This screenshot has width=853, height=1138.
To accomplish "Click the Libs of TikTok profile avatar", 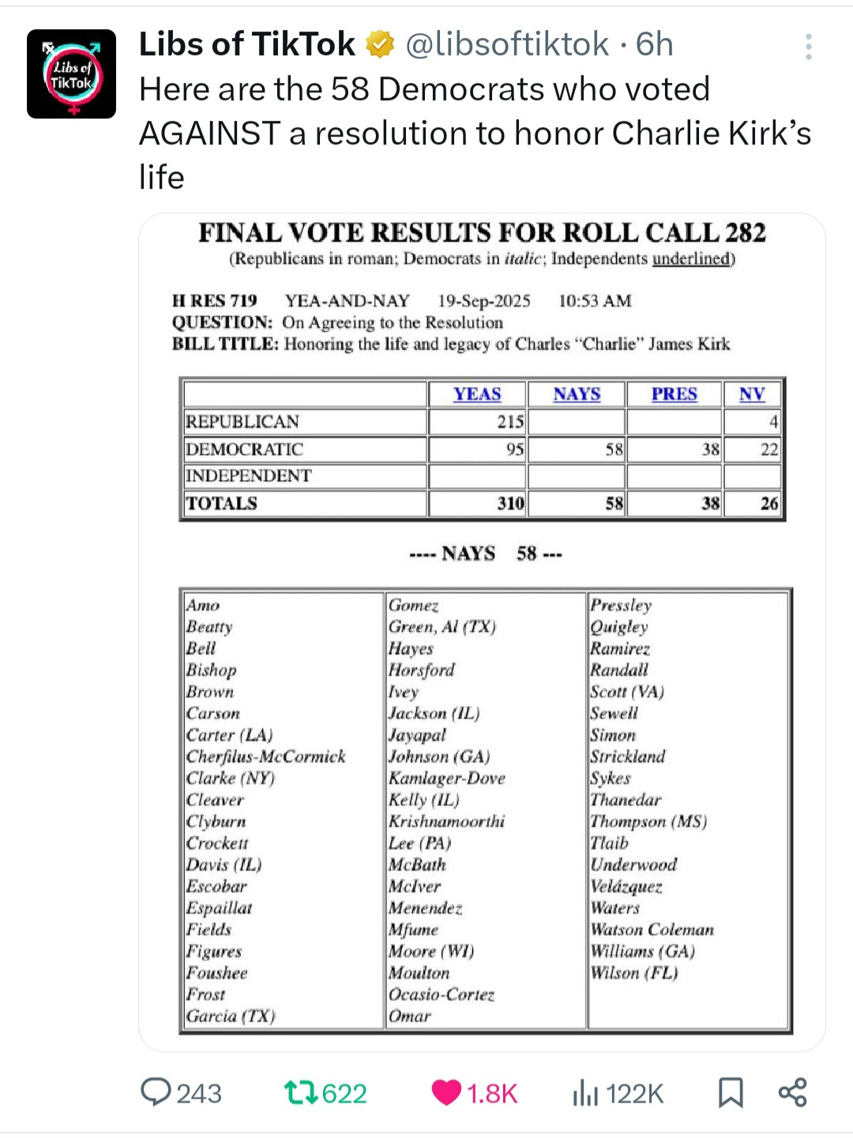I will click(x=71, y=74).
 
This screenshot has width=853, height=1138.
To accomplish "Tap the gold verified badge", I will click(x=380, y=45).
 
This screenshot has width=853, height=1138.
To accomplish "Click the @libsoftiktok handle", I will click(x=507, y=45).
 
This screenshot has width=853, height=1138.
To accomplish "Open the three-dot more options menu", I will click(x=808, y=47).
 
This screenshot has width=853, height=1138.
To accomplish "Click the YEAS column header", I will click(x=477, y=394).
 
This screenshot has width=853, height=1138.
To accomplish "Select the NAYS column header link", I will click(x=577, y=394).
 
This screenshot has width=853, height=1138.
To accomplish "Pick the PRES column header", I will click(x=674, y=394).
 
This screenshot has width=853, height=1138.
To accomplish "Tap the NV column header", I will click(x=752, y=394).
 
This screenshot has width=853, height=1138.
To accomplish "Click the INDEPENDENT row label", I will click(x=248, y=475).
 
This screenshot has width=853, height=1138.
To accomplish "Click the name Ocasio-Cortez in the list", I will click(x=442, y=994).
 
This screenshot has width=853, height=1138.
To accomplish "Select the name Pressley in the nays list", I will click(x=621, y=606).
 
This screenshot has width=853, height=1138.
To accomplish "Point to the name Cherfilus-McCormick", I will click(x=265, y=757).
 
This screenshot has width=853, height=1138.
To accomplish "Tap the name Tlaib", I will click(x=610, y=843).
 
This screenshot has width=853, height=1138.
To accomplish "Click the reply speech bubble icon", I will click(x=156, y=1092).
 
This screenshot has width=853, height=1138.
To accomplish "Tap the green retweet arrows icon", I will click(x=301, y=1093).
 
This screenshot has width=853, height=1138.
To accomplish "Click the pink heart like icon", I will click(x=446, y=1093).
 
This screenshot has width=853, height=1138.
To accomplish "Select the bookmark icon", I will click(x=731, y=1093).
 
